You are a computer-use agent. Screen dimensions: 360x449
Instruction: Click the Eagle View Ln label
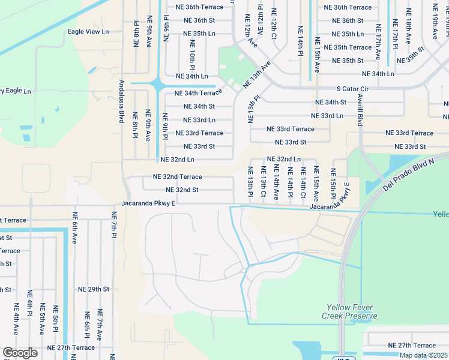click(x=88, y=31)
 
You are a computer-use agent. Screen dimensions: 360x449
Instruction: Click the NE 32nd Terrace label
click(x=178, y=177)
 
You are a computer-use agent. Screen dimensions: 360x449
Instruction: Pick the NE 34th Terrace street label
click(x=198, y=93)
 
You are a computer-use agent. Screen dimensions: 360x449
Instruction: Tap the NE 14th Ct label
click(x=303, y=186)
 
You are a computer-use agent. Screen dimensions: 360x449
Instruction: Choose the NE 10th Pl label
click(x=193, y=56)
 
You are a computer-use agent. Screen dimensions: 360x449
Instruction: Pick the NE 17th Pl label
click(x=396, y=34)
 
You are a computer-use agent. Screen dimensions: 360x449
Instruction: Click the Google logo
click(x=20, y=353)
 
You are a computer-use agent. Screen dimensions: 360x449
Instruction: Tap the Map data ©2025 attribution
click(x=424, y=355)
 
